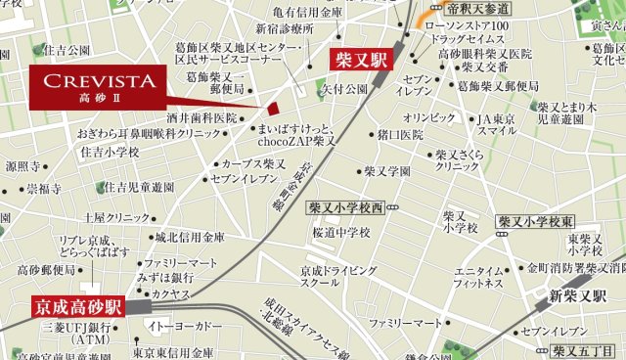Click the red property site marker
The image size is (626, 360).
coord(275,109)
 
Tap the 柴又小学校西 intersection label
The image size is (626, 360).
coord(346,207)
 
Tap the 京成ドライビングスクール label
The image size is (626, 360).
coord(337,276)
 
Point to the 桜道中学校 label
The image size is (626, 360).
coord(340,233)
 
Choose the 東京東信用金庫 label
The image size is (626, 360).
coord(174,351)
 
